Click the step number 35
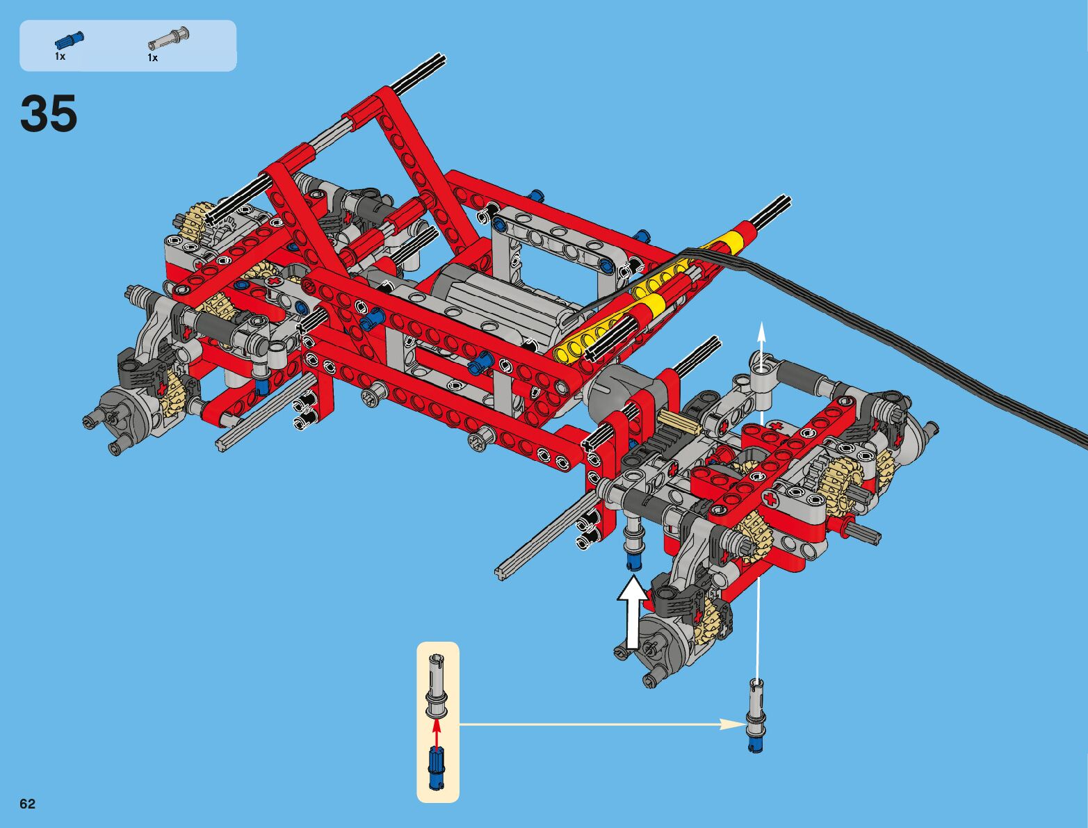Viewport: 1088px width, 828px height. coord(49,113)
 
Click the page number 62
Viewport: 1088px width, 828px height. coord(27,804)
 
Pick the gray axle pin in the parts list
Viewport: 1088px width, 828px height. coord(168,39)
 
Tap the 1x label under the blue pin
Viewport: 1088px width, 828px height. coord(60,56)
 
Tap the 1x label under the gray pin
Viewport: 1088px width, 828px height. coord(153,58)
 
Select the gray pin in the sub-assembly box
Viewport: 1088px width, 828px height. coord(436,685)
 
